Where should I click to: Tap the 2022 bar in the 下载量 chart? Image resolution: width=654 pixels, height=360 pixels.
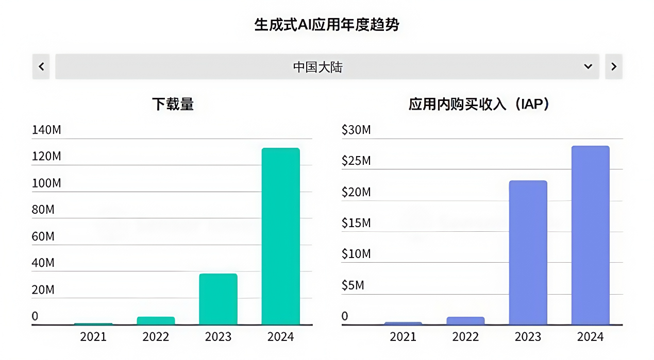pos(156,320)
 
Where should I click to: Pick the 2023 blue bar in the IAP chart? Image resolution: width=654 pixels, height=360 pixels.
pos(528,252)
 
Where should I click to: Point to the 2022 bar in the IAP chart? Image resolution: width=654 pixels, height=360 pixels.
pos(465,320)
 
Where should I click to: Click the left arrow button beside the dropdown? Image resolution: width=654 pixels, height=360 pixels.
pos(41,66)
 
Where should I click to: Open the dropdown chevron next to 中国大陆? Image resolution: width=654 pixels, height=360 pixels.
pos(588,66)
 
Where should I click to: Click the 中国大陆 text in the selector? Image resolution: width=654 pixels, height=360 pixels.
pos(317,67)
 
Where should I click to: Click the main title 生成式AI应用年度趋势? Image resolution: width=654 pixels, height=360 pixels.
pos(327,24)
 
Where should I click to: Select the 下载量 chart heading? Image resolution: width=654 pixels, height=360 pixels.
pos(173,104)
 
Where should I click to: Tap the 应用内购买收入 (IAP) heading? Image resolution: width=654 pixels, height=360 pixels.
pos(479,104)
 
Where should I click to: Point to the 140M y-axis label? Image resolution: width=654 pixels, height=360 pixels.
pos(46,130)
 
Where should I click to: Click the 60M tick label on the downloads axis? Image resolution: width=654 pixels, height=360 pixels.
pos(43,236)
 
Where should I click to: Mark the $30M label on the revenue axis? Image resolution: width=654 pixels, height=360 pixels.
pos(356,130)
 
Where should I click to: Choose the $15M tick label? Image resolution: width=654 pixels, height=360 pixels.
pos(356,223)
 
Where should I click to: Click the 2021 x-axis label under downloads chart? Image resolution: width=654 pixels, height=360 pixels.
pos(93,337)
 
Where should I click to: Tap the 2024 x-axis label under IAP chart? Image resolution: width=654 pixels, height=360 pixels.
pos(590,337)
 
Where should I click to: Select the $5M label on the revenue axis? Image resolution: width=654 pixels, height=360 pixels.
pos(353,285)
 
